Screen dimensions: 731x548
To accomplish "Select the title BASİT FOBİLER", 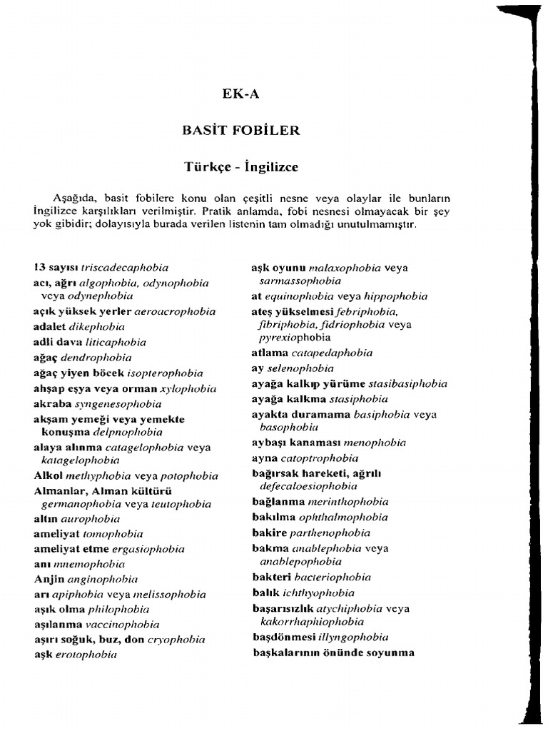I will (240, 131).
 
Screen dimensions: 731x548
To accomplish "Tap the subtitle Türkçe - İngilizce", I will (240, 168).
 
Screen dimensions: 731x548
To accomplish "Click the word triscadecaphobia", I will (124, 267).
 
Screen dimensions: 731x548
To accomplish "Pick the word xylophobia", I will (188, 388).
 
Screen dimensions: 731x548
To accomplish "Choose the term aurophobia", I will (90, 519).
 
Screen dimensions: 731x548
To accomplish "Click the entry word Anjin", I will (49, 579).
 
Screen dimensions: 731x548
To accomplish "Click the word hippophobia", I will (395, 296).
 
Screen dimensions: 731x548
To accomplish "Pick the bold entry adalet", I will (49, 327).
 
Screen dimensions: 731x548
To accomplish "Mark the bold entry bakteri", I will (271, 577).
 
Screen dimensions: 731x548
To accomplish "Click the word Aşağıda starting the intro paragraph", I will (75, 198).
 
